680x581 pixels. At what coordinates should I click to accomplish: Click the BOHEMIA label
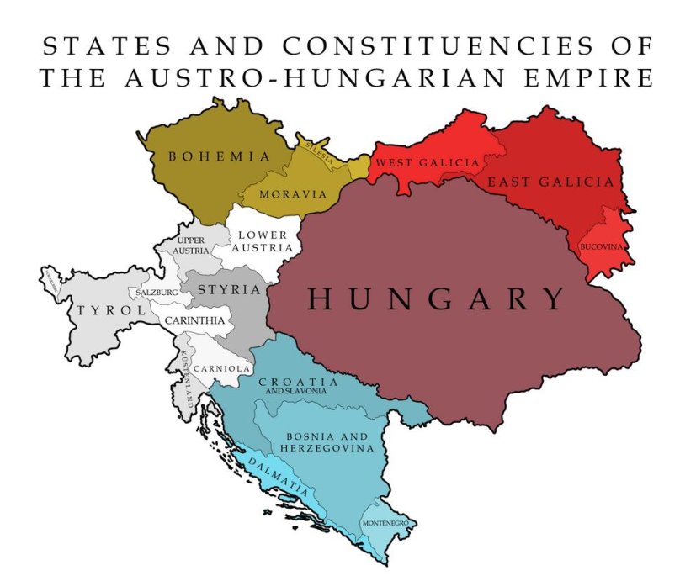click(220, 156)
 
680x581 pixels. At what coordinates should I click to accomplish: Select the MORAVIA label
click(292, 194)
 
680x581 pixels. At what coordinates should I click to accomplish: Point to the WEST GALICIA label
click(427, 162)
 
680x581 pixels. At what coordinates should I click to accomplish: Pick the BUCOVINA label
click(602, 247)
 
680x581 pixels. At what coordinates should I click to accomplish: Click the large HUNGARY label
click(435, 298)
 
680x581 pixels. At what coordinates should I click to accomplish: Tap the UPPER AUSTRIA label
click(190, 246)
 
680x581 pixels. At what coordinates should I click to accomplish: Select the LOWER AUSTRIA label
click(264, 241)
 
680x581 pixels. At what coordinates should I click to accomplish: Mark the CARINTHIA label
click(194, 320)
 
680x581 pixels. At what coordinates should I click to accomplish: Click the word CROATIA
click(298, 382)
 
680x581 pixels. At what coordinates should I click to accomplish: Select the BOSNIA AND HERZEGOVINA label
click(327, 442)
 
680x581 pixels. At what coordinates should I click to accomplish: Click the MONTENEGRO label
click(385, 523)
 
